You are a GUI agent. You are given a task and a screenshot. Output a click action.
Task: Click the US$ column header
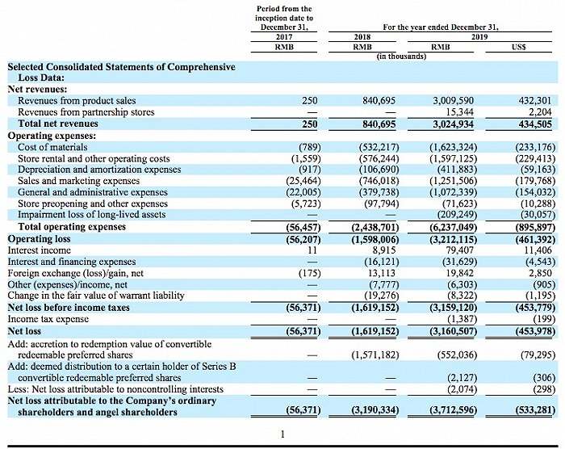(x=520, y=47)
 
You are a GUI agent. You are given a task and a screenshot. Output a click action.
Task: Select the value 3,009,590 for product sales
(x=448, y=101)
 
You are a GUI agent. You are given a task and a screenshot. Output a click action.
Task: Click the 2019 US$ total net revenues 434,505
(x=529, y=124)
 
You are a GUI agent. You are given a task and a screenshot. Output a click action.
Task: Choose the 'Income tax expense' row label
(x=48, y=319)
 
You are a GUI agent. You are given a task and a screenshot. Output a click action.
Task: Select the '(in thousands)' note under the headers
(x=402, y=57)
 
